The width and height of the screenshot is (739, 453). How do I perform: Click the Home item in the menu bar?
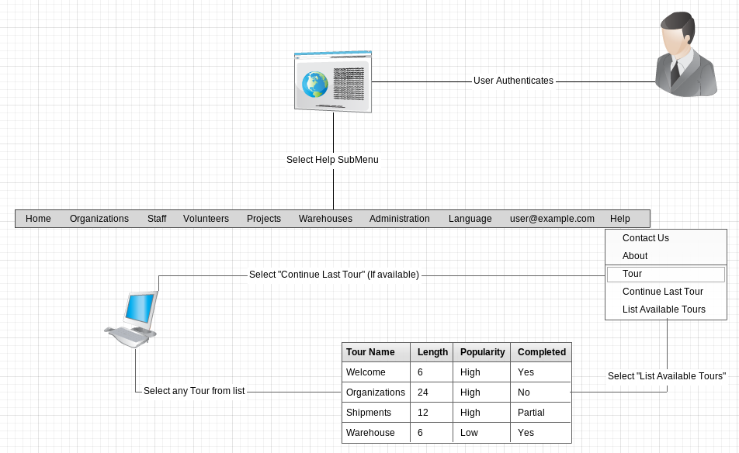coord(38,219)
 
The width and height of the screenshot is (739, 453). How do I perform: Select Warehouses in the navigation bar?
coord(325,219)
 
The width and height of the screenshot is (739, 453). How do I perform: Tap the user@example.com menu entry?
coord(552,219)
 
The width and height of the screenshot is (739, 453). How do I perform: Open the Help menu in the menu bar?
coord(619,219)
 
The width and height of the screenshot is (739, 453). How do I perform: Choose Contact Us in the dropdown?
coord(645,238)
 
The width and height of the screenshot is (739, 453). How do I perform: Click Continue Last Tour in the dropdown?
coord(662,292)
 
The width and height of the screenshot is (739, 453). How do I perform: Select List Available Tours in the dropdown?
coord(664,309)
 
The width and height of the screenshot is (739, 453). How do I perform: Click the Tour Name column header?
coord(370,352)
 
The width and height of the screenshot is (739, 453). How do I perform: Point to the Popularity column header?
coord(482,352)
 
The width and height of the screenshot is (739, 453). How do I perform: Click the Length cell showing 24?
coord(423,392)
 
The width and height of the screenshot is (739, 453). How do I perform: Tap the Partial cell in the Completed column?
coord(531,413)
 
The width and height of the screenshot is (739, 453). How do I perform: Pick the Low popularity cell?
coord(469,433)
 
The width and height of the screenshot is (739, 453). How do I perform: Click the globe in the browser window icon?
coord(315,84)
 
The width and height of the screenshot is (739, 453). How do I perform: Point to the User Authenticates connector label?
coord(513,81)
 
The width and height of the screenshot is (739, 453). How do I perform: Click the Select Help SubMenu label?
coord(332,160)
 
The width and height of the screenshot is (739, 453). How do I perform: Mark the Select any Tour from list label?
coord(194,391)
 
